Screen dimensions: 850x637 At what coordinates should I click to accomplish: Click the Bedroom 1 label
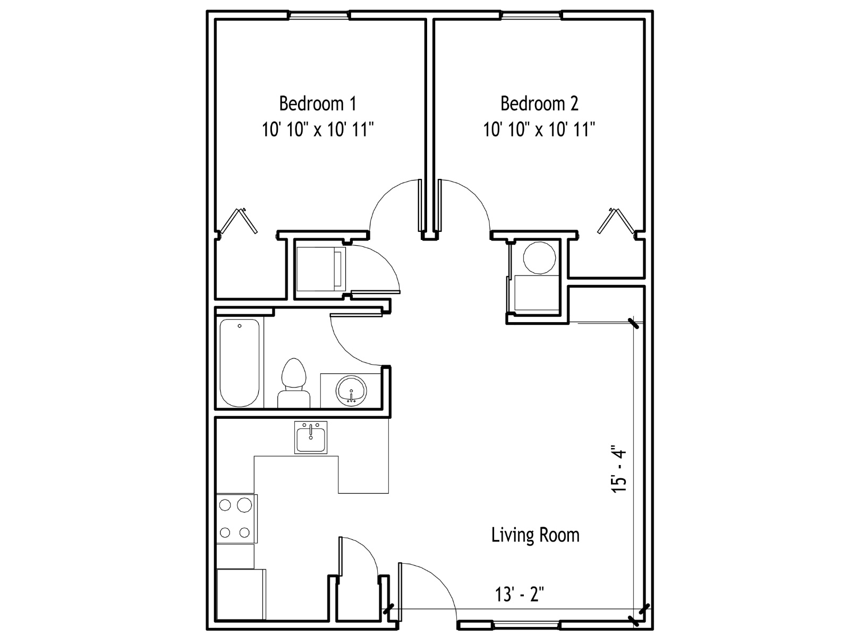coord(318,104)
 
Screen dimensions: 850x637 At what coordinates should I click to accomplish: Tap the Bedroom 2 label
coord(539,104)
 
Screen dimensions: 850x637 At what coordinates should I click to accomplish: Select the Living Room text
coord(535,535)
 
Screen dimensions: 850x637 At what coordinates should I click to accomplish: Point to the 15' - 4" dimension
coord(618,471)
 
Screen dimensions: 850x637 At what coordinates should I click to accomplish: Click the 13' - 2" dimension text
coord(520,594)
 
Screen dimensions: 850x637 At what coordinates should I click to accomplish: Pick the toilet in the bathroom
coord(294,383)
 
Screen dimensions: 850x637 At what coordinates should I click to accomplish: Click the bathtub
coord(239,363)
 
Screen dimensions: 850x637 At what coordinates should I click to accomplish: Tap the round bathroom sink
coord(351,391)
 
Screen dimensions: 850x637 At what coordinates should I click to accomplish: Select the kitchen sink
coord(311,437)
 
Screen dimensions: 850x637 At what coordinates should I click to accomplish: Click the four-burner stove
coord(236,519)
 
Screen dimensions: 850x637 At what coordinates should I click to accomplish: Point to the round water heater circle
coord(539,257)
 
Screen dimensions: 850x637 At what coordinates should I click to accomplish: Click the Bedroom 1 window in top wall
coord(319,15)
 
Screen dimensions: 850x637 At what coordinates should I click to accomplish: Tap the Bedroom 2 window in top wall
coord(531,15)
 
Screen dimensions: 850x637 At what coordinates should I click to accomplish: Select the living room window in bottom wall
coord(526,625)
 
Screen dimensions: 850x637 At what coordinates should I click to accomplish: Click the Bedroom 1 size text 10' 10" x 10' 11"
coord(318,129)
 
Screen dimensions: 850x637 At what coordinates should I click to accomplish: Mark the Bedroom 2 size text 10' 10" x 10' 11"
coord(539,129)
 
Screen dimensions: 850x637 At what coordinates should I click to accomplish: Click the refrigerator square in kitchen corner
coord(241,594)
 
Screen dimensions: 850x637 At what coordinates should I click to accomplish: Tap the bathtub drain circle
coord(240,326)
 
